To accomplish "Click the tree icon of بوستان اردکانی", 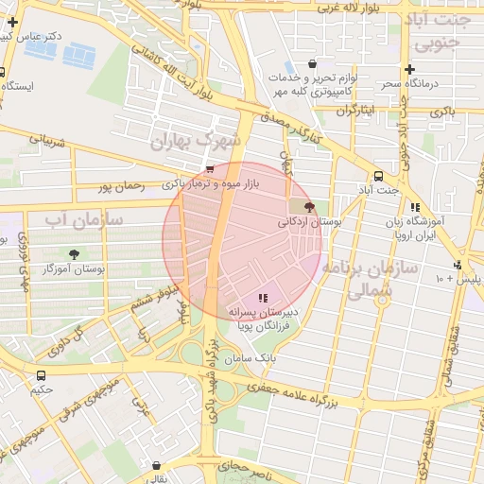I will point(310,205).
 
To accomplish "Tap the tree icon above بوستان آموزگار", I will point(74,253).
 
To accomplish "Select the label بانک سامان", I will point(251,358).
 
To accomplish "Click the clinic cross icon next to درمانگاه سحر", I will point(409,69).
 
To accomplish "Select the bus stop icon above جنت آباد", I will point(378,176).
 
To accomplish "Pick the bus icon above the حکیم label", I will point(39,374).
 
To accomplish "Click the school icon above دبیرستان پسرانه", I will point(263,298).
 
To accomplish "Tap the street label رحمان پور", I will point(123,187).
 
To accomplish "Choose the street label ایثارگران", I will point(356,111).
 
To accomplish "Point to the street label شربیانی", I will point(47,141).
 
